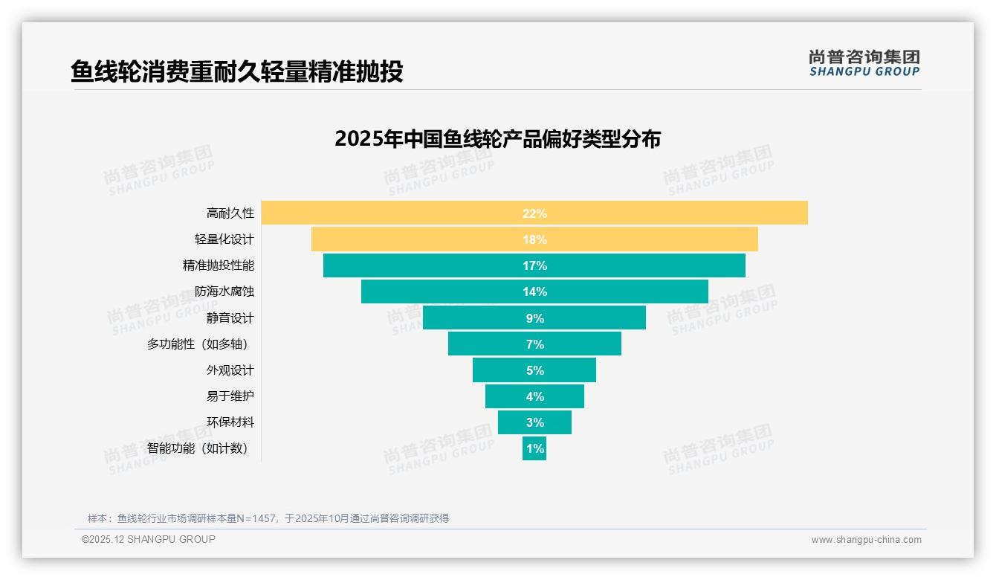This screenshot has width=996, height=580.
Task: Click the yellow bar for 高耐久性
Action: pyautogui.click(x=669, y=213)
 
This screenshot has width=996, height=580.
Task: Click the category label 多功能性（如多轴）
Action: pyautogui.click(x=198, y=344)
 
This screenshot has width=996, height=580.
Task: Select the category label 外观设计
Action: pyautogui.click(x=230, y=370)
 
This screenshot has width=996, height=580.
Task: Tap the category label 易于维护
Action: pyautogui.click(x=230, y=396)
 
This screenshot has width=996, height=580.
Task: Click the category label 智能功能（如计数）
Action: pyautogui.click(x=198, y=448)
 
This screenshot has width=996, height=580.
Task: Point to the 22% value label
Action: pyautogui.click(x=534, y=213)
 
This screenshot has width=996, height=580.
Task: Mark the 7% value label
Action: pyautogui.click(x=535, y=344)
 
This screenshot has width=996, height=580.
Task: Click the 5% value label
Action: pyautogui.click(x=535, y=370)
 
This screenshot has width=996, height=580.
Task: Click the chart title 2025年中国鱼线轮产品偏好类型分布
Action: pyautogui.click(x=497, y=139)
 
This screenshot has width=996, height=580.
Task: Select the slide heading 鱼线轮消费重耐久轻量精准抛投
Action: pyautogui.click(x=237, y=71)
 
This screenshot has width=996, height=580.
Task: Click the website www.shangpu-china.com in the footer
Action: pyautogui.click(x=866, y=540)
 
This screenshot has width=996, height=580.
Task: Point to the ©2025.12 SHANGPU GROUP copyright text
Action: pyautogui.click(x=149, y=539)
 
